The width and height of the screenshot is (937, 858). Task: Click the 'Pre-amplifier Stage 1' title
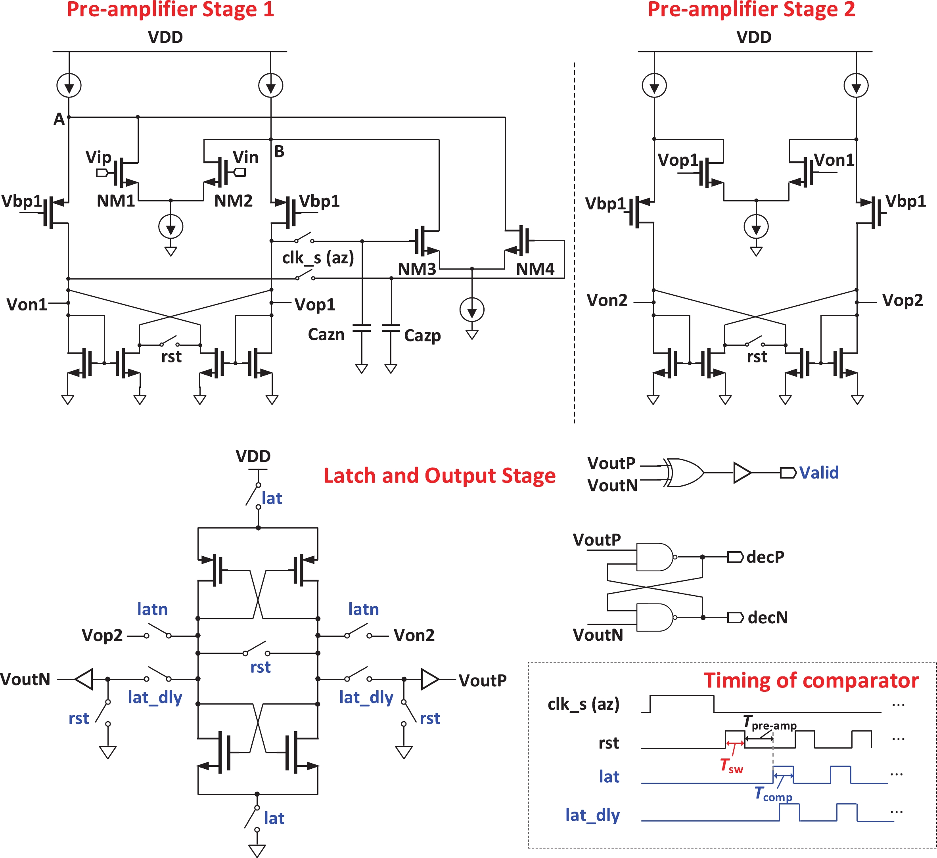tap(170, 10)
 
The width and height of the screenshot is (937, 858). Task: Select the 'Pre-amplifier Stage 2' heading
tap(751, 10)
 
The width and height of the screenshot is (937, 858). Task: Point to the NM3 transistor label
tap(417, 269)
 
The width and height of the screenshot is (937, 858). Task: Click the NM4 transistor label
tap(535, 269)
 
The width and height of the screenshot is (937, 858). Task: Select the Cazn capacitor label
tap(326, 335)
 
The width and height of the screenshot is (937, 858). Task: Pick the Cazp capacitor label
tap(422, 335)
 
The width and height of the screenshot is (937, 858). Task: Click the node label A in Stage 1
tap(59, 119)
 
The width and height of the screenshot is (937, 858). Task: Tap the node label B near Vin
tap(279, 151)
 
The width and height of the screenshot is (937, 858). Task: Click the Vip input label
tap(98, 157)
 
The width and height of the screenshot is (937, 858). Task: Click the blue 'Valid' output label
tap(819, 473)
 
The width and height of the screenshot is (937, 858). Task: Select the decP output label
tap(765, 557)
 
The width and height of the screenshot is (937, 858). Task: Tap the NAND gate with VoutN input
tap(654, 617)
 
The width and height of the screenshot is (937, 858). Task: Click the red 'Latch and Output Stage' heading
tap(439, 476)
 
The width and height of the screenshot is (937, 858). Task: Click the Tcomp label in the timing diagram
tap(773, 794)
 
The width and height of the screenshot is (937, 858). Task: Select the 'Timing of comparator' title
tap(811, 680)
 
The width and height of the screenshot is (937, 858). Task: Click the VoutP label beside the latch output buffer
tap(483, 680)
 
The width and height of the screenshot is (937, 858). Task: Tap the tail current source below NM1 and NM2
tap(171, 227)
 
